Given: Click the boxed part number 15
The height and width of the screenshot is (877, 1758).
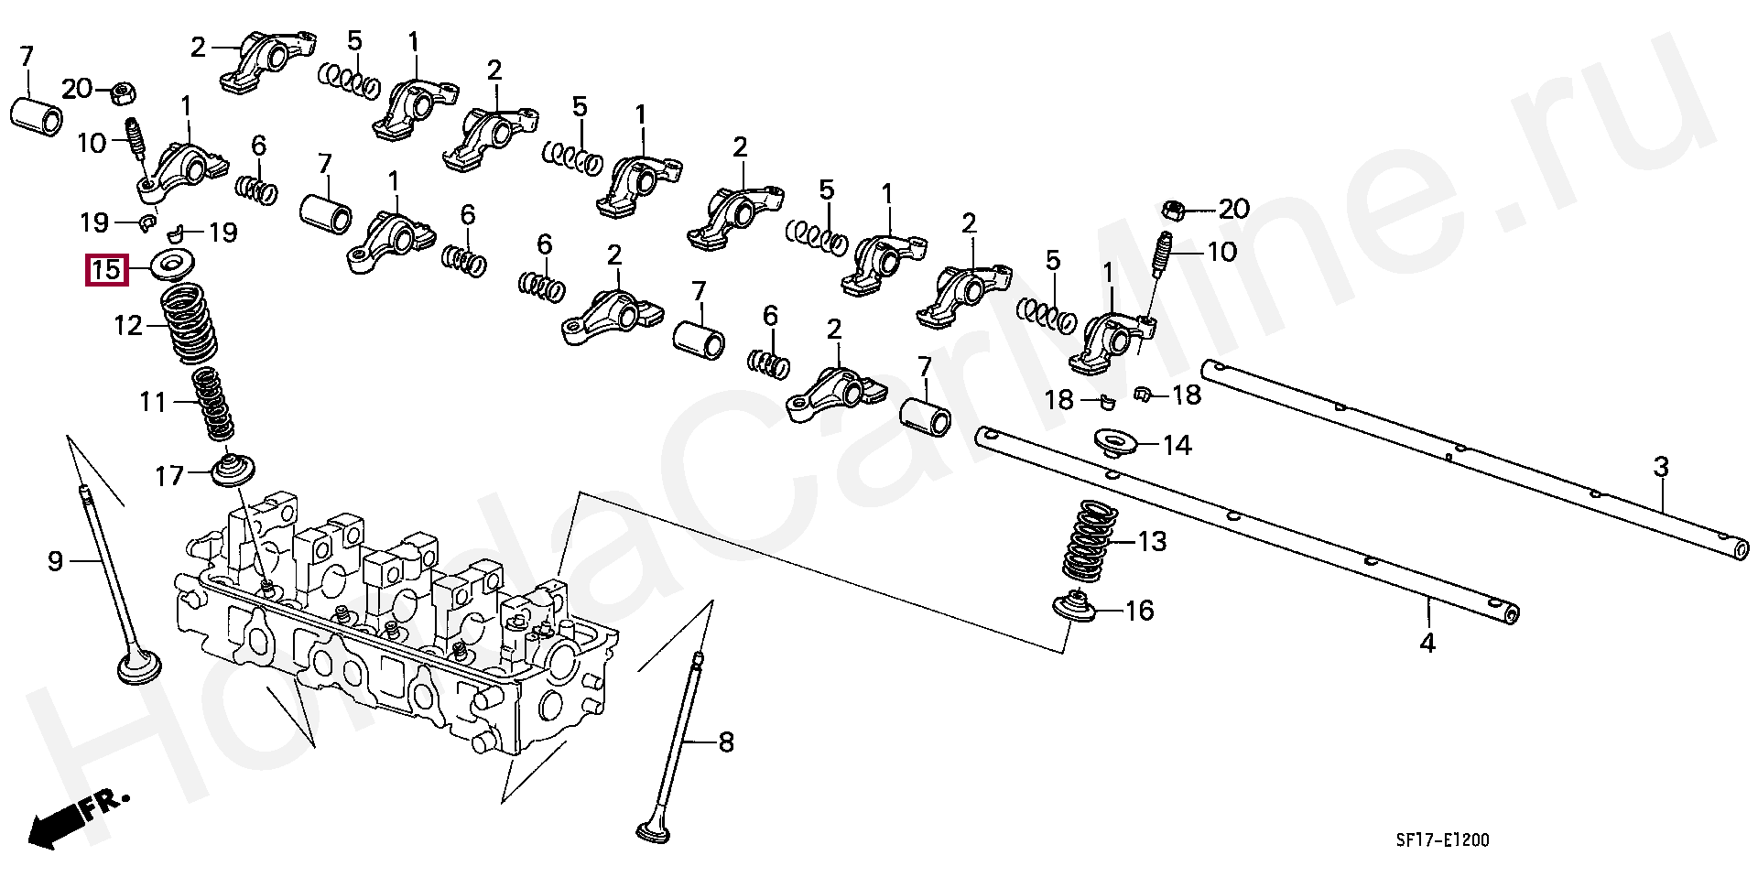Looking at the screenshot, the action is point(106,270).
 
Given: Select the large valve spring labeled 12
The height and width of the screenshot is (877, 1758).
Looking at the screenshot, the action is point(190,324).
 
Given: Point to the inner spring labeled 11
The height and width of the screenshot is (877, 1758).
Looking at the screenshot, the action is point(213,403).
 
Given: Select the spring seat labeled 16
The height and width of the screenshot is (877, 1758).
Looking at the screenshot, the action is point(1075,607).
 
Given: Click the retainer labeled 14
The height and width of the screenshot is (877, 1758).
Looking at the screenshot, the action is point(1116,443).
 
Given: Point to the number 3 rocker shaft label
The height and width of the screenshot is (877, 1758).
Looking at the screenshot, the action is point(1661,468).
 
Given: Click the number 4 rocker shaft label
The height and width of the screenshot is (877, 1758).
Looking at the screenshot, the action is point(1427,643).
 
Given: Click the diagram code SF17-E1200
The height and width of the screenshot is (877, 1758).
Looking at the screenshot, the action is point(1443,839).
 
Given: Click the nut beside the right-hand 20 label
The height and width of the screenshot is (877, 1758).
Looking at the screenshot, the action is point(1174,211).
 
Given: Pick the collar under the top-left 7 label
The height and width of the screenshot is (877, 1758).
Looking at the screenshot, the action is point(37,115).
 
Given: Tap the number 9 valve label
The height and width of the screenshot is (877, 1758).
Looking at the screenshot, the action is point(56,561).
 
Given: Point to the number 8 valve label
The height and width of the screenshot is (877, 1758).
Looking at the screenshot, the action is point(726,742).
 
